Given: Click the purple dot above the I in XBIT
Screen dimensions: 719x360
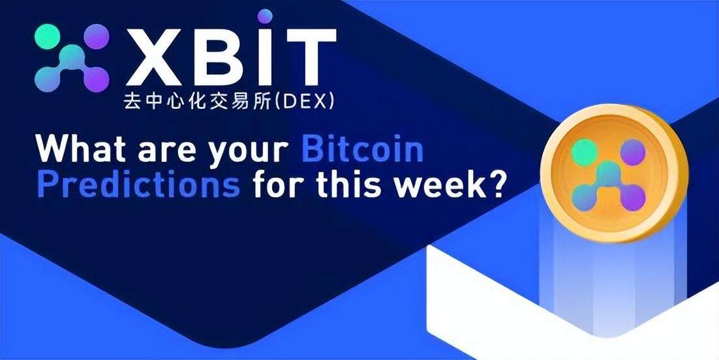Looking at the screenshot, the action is point(265,16).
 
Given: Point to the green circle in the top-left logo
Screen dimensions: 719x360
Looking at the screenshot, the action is point(47,37).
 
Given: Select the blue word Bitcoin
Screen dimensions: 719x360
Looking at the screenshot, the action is point(363,149).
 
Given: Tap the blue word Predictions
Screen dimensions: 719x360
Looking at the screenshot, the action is point(138,185).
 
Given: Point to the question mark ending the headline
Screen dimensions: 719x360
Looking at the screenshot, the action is point(495,185).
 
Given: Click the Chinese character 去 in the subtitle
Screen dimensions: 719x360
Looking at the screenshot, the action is point(132,102).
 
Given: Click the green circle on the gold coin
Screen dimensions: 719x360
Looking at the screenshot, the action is point(585,152).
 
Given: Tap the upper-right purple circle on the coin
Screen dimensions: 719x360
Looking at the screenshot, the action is point(633,152).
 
